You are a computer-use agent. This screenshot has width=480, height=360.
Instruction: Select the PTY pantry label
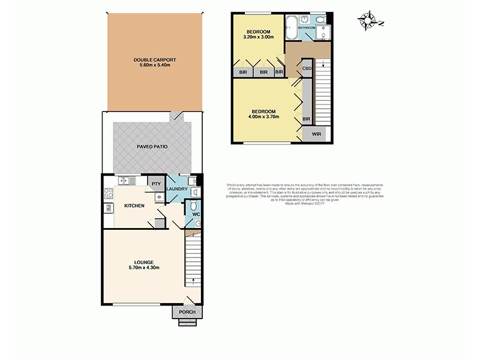pos(155,184)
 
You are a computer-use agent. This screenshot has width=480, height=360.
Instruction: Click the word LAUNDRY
pos(178,190)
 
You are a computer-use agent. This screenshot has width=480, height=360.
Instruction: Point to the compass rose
pos(367,22)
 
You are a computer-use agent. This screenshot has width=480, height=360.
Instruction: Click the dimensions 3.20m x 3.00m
pos(259,37)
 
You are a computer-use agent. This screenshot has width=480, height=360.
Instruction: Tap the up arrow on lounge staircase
pos(193,280)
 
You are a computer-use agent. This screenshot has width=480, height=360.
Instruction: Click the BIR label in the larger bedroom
pos(307,119)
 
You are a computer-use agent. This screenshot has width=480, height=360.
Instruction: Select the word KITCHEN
pos(134,206)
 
